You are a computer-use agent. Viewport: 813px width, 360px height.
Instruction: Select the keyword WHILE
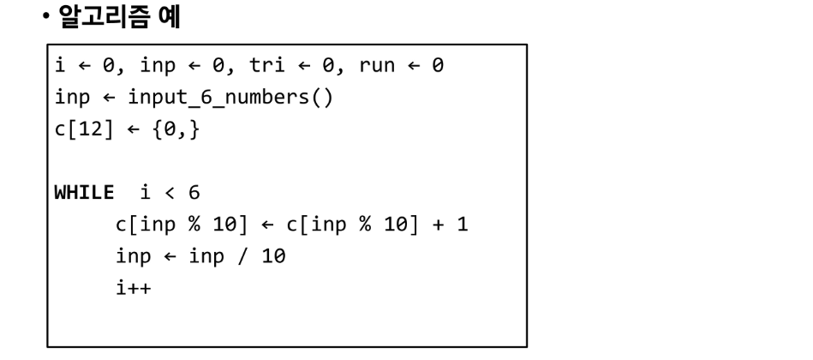(x=83, y=192)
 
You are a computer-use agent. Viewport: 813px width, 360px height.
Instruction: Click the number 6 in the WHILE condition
(x=194, y=192)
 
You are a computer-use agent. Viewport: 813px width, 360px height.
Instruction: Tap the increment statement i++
(x=133, y=286)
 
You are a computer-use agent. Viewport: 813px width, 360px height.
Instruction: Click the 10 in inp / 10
(x=274, y=255)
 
